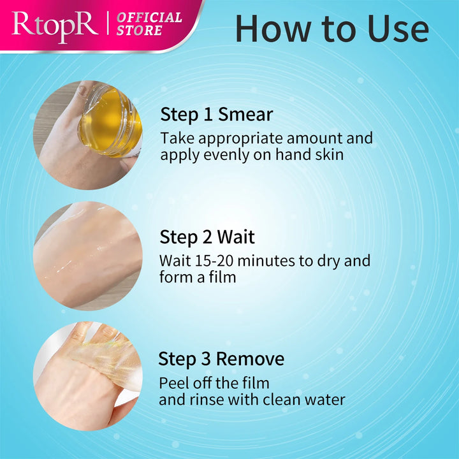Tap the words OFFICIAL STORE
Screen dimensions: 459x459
[x=149, y=24]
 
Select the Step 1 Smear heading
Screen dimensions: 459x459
[x=216, y=115]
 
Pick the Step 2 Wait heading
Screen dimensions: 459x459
[x=207, y=237]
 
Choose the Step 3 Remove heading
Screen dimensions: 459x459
[x=221, y=359]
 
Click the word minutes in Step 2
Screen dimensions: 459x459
[x=267, y=261]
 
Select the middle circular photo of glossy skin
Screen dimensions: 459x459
[x=87, y=256]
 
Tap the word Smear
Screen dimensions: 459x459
[x=245, y=115]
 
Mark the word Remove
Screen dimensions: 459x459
[x=250, y=359]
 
